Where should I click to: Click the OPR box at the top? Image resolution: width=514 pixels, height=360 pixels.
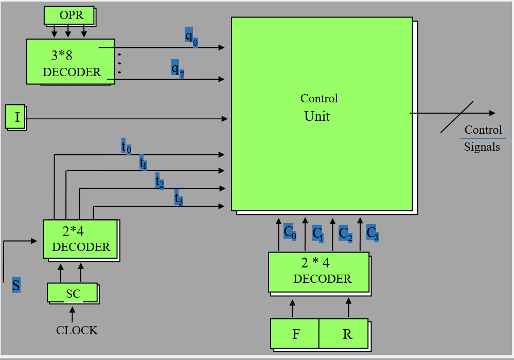coord(70,15)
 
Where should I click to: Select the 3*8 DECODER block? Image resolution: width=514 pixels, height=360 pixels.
coord(70,61)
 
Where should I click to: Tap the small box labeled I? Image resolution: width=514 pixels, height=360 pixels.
coord(16,117)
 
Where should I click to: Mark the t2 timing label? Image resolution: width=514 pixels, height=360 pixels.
coord(160,181)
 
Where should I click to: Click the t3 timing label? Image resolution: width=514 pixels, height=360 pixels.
coord(179,199)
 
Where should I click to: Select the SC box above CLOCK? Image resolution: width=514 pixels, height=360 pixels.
coord(73,293)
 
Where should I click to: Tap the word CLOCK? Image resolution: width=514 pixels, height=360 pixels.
coord(77,330)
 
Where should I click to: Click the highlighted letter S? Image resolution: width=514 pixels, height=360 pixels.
coord(16,285)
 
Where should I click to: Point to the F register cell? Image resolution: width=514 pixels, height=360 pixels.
coord(295,334)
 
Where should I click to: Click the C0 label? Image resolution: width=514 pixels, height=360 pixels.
coord(290,232)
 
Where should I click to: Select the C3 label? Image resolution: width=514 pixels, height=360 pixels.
coord(372,232)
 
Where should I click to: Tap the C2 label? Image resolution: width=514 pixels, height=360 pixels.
coord(345,233)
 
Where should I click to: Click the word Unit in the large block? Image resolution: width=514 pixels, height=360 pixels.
coord(317,116)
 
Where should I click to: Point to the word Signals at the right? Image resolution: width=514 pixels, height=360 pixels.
coord(482,147)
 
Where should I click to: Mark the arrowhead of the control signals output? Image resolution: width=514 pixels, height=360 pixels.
coord(492,113)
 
